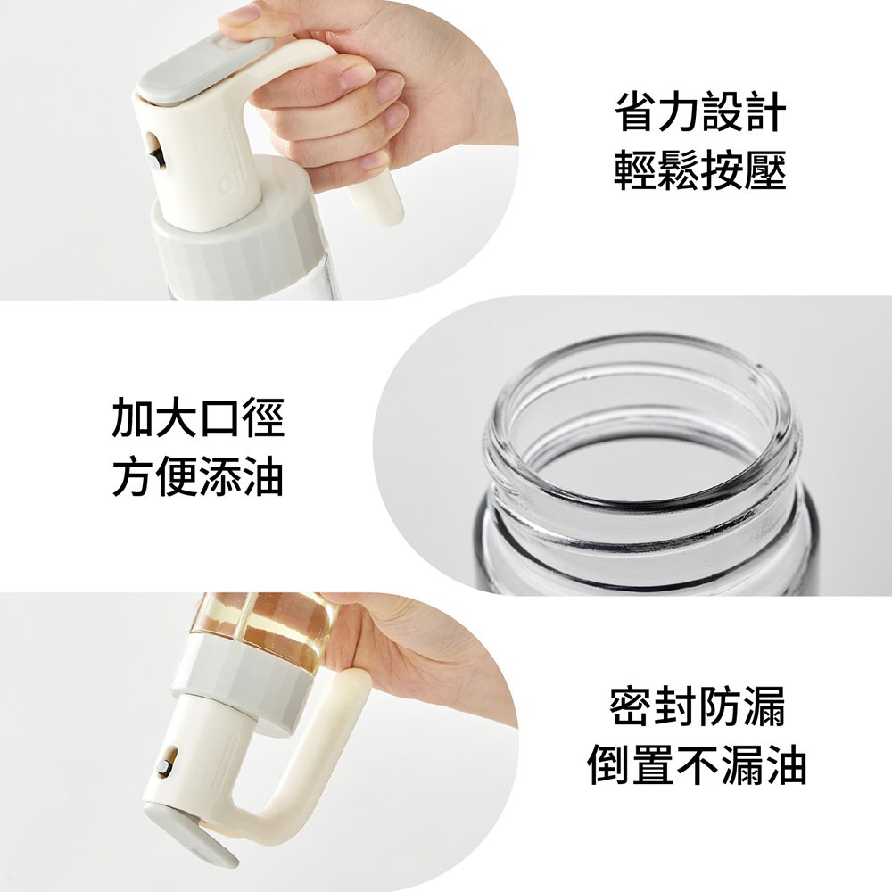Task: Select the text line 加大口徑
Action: tap(198, 419)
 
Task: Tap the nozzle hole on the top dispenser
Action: tap(157, 152)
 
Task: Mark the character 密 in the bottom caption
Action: tap(632, 707)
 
